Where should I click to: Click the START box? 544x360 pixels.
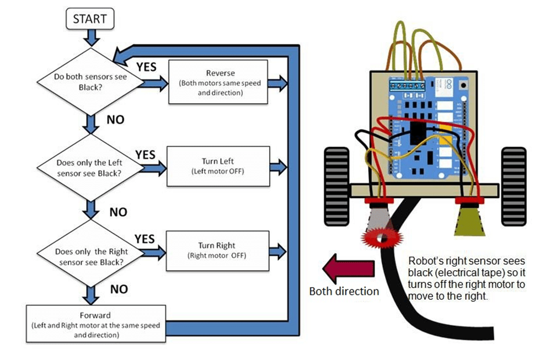pyautogui.click(x=90, y=19)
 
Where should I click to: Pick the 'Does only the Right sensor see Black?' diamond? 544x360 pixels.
pyautogui.click(x=90, y=252)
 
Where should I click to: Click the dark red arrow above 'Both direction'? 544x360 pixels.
pyautogui.click(x=347, y=270)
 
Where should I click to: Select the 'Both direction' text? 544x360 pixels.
pyautogui.click(x=344, y=291)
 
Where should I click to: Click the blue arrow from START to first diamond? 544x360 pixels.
pyautogui.click(x=90, y=37)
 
